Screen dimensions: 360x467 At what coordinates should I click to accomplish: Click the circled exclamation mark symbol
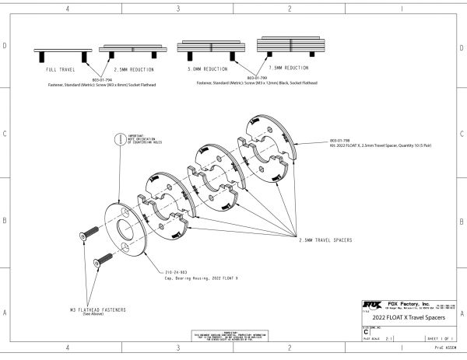[119, 138]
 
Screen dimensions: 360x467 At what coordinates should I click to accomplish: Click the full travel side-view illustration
[57, 53]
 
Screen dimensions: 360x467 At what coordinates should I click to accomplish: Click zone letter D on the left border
[5, 46]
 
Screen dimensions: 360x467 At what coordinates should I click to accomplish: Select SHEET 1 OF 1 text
[441, 340]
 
